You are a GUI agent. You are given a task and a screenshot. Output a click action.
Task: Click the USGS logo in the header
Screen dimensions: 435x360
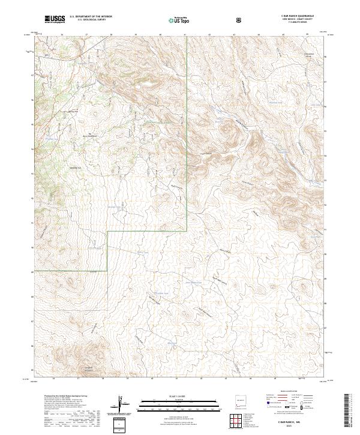55,20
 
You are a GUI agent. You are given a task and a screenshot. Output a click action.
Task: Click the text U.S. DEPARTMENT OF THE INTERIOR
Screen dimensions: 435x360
90,17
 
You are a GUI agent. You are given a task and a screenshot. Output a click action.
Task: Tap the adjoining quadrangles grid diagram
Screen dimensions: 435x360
240,419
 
